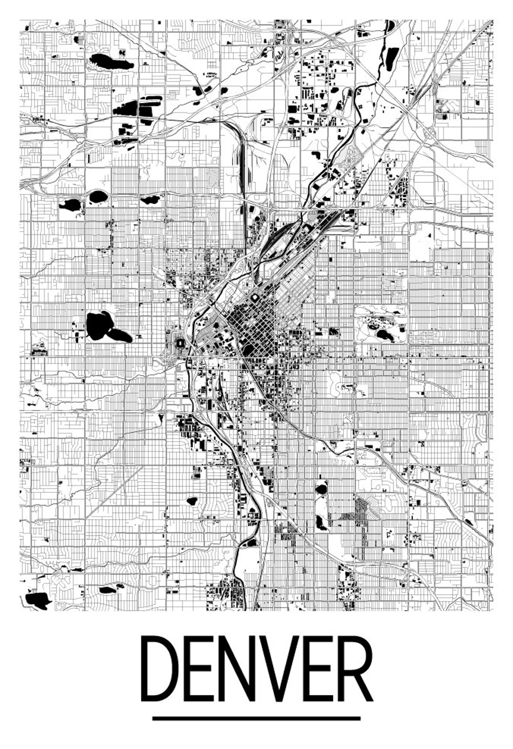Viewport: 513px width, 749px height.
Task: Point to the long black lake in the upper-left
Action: point(110,61)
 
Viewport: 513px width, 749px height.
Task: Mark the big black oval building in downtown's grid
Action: point(249,349)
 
